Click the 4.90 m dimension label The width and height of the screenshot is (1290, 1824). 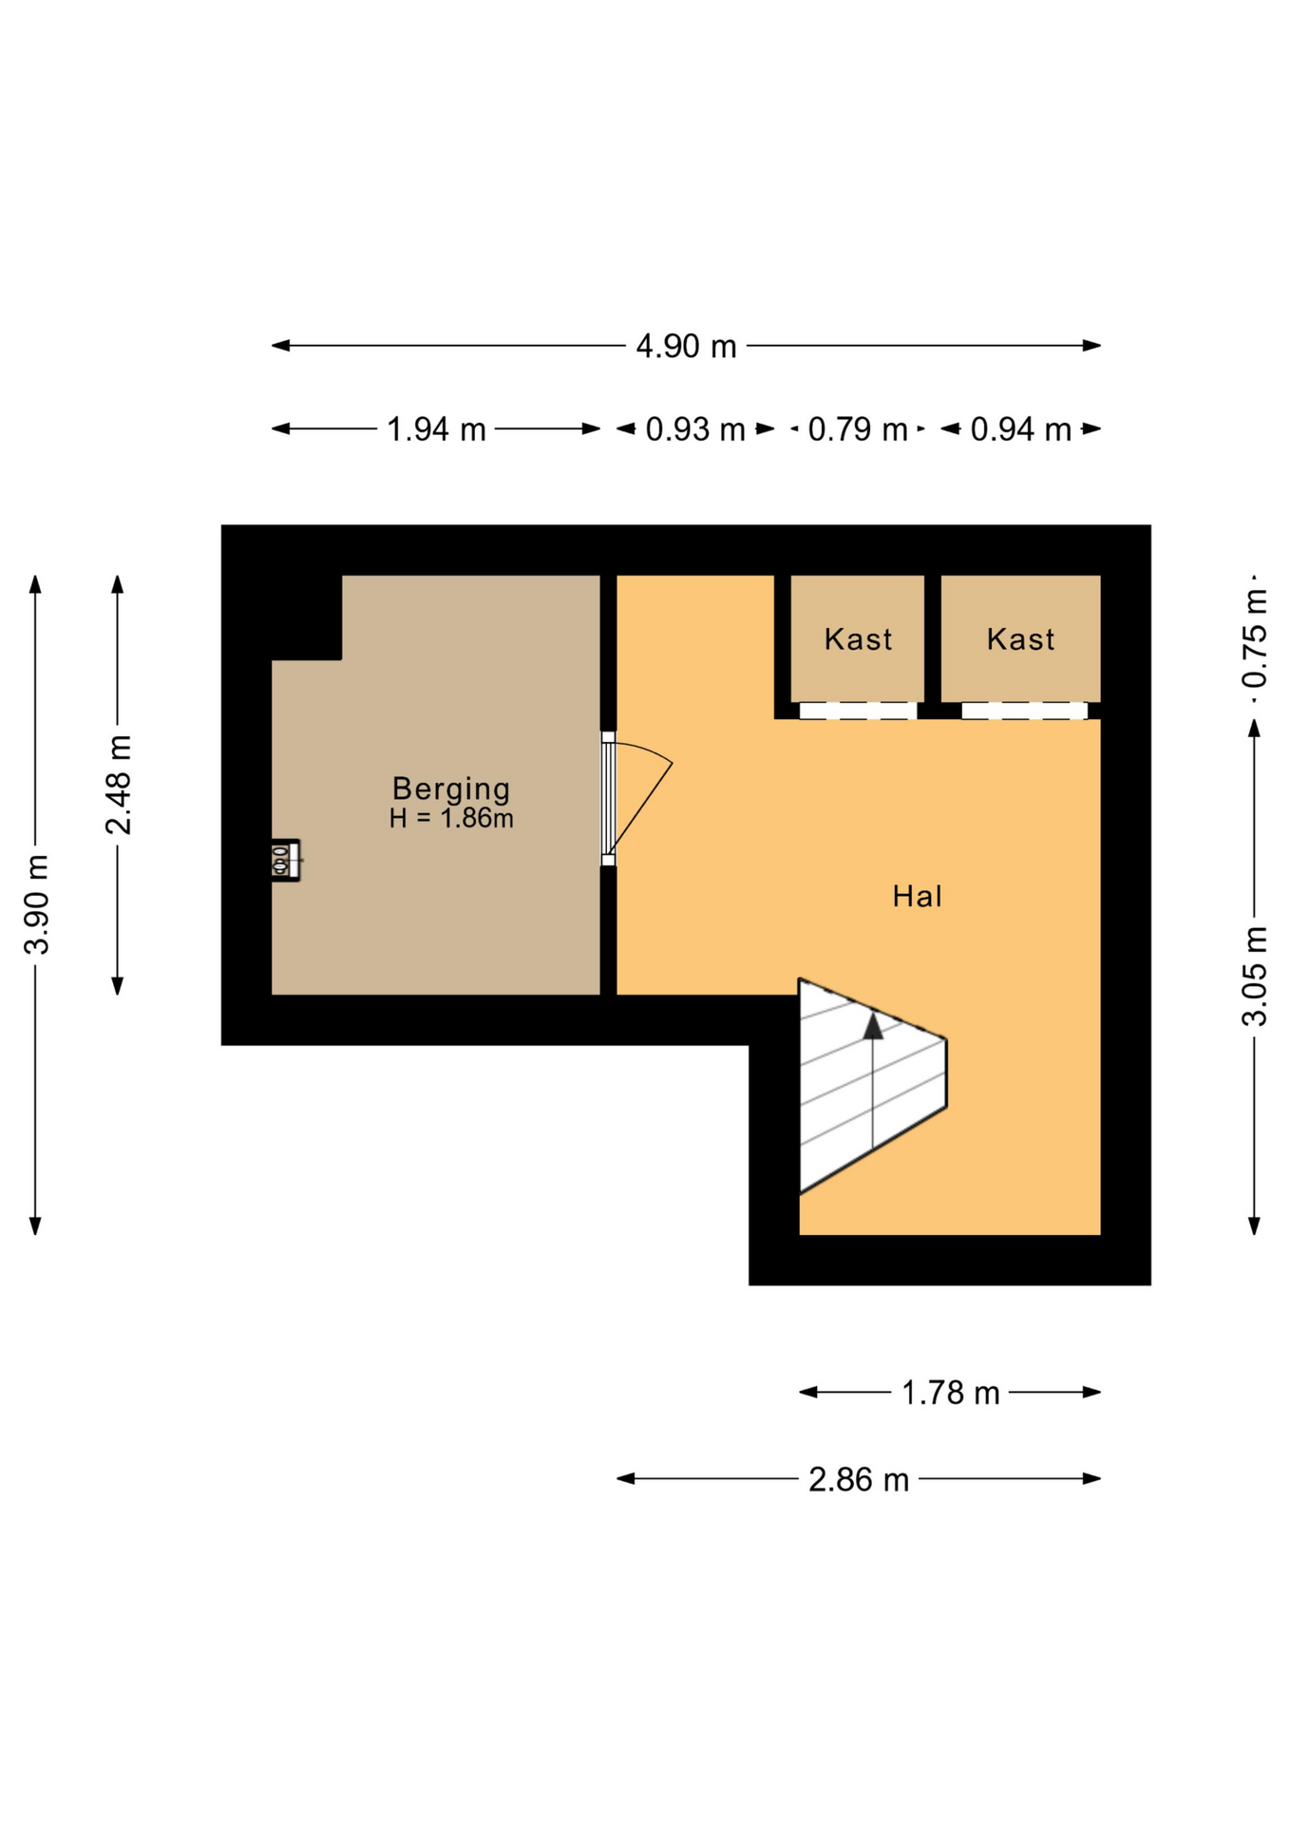click(x=685, y=346)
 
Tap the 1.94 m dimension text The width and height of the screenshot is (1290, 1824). click(x=436, y=429)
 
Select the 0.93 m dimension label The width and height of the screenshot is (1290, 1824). click(x=694, y=429)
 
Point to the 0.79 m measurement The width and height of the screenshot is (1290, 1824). click(x=857, y=429)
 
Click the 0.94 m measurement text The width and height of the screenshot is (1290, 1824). click(x=1020, y=429)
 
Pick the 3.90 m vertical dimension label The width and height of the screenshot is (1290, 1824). click(x=37, y=903)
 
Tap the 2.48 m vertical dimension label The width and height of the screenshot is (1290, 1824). click(x=119, y=785)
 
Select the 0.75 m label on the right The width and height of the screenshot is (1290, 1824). click(x=1255, y=637)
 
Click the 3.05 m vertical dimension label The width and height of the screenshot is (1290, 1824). click(x=1255, y=976)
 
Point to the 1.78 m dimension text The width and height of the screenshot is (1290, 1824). click(x=950, y=1393)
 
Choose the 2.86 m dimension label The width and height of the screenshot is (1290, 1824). click(x=858, y=1479)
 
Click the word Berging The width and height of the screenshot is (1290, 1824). click(x=451, y=788)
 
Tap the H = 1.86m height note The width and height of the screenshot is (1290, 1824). click(x=451, y=818)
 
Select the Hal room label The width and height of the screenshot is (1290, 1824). click(x=917, y=896)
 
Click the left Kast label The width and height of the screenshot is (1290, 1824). click(x=858, y=639)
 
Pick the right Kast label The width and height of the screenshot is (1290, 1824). click(x=1020, y=639)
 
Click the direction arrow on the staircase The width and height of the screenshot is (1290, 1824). click(x=872, y=1026)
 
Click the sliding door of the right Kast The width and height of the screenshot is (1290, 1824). click(x=1023, y=711)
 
